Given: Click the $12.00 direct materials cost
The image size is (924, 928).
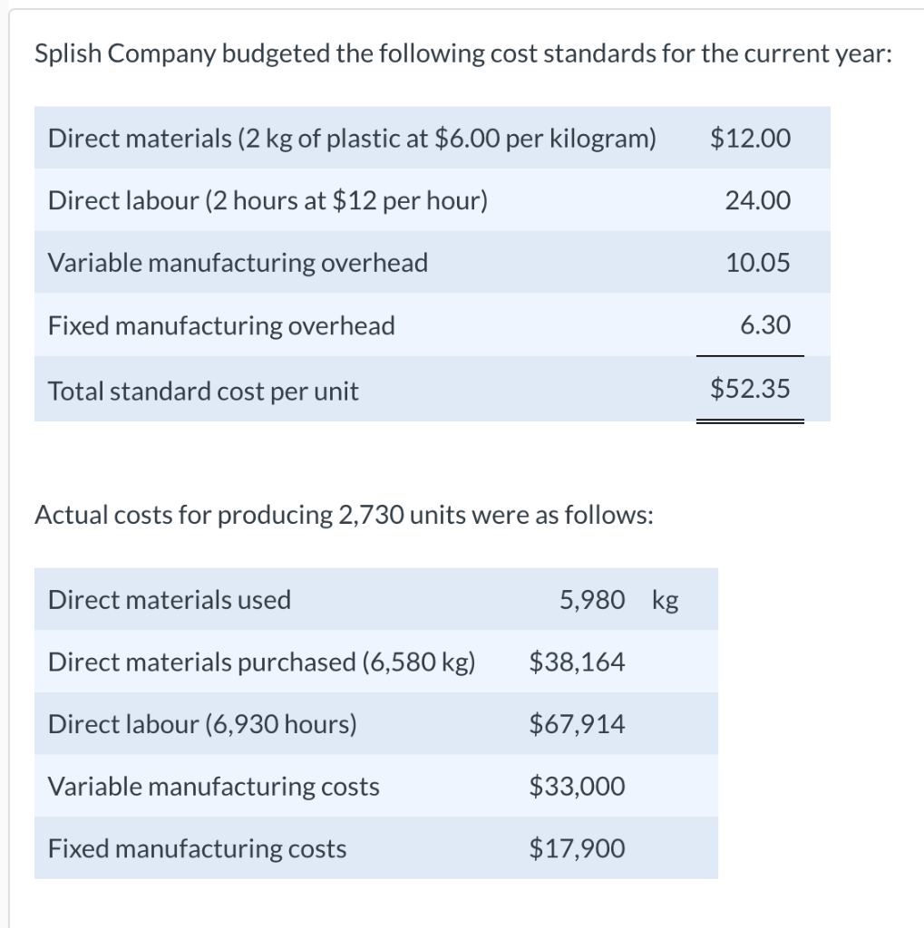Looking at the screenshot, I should pyautogui.click(x=750, y=139).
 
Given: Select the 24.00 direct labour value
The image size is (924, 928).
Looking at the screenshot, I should pyautogui.click(x=758, y=200).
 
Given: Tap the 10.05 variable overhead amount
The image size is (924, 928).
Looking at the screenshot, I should pyautogui.click(x=758, y=263).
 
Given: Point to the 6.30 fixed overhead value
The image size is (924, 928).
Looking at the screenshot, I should pyautogui.click(x=765, y=325).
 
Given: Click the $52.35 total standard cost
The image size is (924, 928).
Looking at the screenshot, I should pyautogui.click(x=750, y=390).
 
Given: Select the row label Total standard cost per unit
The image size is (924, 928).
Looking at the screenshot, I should pyautogui.click(x=203, y=391).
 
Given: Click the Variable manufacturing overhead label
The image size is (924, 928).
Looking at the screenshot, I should pyautogui.click(x=238, y=263).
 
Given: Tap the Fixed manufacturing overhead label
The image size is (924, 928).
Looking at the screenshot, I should pyautogui.click(x=221, y=325).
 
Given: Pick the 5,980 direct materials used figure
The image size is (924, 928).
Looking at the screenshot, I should pyautogui.click(x=592, y=600).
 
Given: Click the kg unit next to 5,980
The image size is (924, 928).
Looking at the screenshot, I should pyautogui.click(x=665, y=601).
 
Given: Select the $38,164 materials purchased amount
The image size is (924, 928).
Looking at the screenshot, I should pyautogui.click(x=577, y=662).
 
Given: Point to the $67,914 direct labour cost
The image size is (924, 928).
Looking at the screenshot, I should pyautogui.click(x=577, y=724).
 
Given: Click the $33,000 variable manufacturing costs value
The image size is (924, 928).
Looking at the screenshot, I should pyautogui.click(x=577, y=787).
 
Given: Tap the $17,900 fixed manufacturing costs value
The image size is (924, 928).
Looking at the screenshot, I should pyautogui.click(x=577, y=849).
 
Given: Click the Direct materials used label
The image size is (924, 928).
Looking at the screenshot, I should pyautogui.click(x=170, y=600).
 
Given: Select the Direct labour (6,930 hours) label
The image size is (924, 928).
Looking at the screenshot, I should pyautogui.click(x=202, y=724).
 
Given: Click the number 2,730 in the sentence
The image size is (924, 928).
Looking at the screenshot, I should pyautogui.click(x=371, y=516).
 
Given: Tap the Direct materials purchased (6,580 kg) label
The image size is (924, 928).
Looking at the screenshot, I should pyautogui.click(x=261, y=662).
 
